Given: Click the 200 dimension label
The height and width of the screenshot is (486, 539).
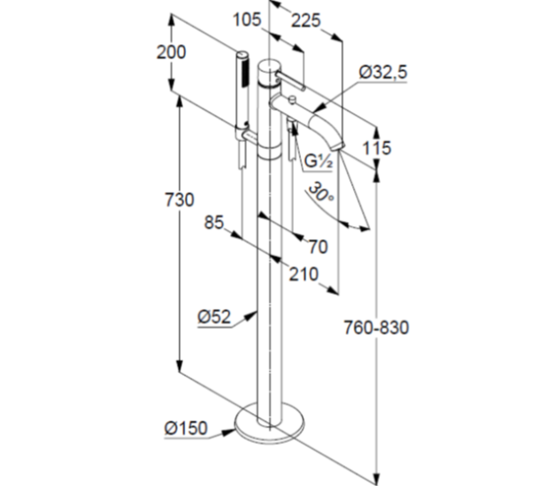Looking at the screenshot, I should click(x=171, y=52).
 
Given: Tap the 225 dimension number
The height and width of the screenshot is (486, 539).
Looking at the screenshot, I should click(x=306, y=20).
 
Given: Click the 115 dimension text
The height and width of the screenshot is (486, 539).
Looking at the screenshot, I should click(x=377, y=147).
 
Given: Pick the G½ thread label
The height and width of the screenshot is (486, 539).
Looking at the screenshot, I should click(x=319, y=162).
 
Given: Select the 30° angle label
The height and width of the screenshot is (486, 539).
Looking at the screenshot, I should click(x=321, y=192).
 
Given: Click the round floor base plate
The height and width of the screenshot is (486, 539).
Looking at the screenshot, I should click(x=268, y=427).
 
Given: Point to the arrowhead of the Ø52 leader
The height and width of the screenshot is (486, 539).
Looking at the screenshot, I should click(x=258, y=313).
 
